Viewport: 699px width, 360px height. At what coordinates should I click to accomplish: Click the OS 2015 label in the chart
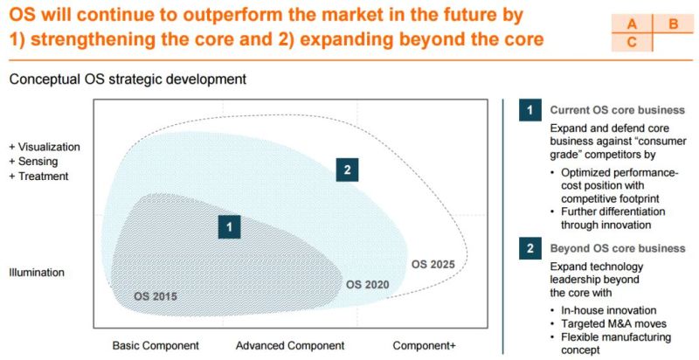tap(156, 297)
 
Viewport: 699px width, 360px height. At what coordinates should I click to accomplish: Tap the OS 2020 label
tap(368, 284)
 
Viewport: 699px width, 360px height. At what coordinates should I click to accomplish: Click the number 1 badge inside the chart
tap(229, 227)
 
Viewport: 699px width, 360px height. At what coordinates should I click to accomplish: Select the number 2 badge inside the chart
tap(347, 170)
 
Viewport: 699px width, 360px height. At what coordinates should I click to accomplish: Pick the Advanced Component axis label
tap(290, 345)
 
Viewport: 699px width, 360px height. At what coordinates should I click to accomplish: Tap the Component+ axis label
tap(424, 345)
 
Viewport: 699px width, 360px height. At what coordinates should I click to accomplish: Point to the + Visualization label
tap(45, 147)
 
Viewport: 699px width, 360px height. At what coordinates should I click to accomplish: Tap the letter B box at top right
tap(673, 24)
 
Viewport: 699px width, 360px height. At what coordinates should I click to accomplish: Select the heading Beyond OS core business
tap(617, 249)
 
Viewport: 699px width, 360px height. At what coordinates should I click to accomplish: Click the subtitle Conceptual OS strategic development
tap(128, 80)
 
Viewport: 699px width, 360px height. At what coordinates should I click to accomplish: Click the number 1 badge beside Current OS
tap(528, 110)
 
